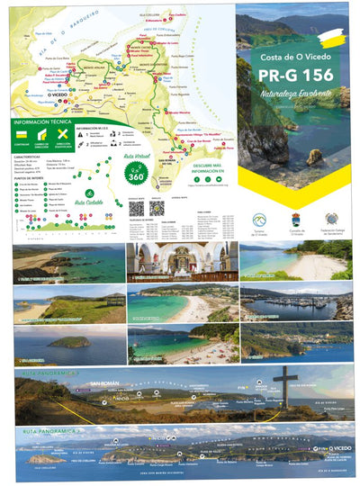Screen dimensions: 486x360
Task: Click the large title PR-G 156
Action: coord(293,75)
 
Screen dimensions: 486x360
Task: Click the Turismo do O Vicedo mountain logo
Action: coord(259,219)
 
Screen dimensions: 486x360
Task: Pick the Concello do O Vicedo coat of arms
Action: coord(295,219)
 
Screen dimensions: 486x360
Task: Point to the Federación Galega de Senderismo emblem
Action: coord(330,219)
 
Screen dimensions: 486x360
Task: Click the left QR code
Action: coord(136,206)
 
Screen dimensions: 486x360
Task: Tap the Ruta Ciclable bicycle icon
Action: coord(89,193)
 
